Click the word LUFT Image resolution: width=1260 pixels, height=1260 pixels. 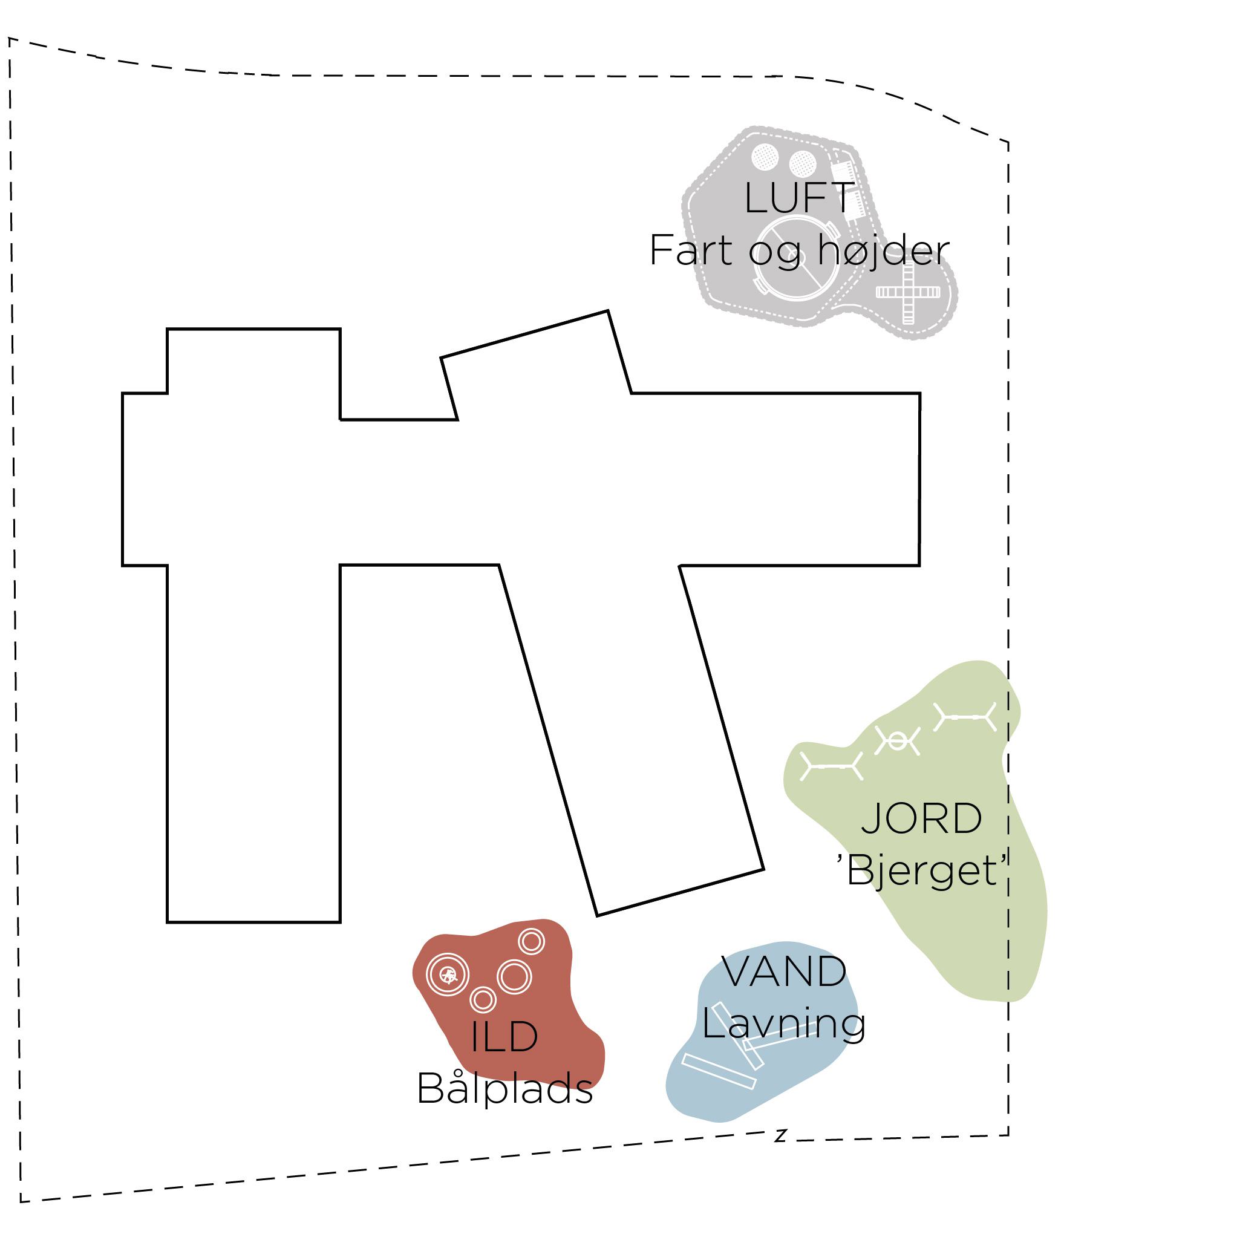(x=799, y=198)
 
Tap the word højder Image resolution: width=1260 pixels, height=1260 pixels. (x=884, y=250)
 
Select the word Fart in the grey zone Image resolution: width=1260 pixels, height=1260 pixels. (x=691, y=250)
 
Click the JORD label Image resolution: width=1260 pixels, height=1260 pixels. (x=921, y=818)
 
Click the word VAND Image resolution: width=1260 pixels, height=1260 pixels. (x=784, y=971)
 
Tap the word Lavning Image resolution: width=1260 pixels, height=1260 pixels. (x=784, y=1023)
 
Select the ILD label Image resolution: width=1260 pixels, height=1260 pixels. (x=504, y=1037)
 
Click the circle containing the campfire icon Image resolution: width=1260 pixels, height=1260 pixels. (x=448, y=975)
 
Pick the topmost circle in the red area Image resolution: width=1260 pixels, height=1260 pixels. (x=532, y=941)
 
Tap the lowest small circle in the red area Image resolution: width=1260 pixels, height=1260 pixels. (x=483, y=999)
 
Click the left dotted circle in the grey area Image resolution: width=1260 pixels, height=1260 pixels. (x=765, y=157)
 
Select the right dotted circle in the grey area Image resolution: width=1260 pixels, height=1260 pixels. (x=802, y=164)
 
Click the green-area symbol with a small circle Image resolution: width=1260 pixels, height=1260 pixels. (x=898, y=741)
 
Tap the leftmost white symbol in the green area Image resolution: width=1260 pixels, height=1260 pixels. (x=832, y=766)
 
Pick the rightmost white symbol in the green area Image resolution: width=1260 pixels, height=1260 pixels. (x=965, y=717)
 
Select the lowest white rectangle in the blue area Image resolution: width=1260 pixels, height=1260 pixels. (x=719, y=1071)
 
